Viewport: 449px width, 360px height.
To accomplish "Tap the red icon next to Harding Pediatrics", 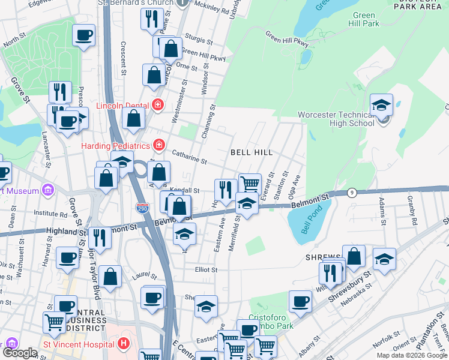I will pyautogui.click(x=158, y=145).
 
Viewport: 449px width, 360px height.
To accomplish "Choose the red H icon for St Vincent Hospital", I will pyautogui.click(x=124, y=344).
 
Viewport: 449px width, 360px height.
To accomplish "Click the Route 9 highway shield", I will pyautogui.click(x=353, y=193).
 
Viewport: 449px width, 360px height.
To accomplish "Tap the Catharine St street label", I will pyautogui.click(x=189, y=158).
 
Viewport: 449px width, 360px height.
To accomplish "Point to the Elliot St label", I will pyautogui.click(x=205, y=270).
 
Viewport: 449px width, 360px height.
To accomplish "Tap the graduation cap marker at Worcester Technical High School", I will pyautogui.click(x=381, y=105).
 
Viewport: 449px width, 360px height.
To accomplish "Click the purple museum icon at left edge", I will pyautogui.click(x=48, y=191).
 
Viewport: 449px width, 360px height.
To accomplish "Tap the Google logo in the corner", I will pyautogui.click(x=19, y=353).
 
